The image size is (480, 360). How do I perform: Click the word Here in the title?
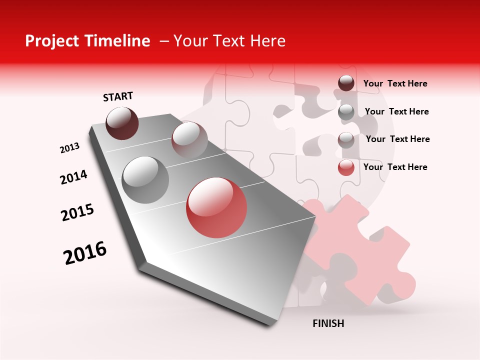click(267, 41)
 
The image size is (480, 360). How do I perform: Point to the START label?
click(118, 96)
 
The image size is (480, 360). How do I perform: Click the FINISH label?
click(328, 323)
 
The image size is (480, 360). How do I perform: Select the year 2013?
click(69, 148)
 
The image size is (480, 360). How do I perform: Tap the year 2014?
click(73, 177)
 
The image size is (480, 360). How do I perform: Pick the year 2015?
click(77, 212)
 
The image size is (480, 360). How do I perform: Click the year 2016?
click(85, 252)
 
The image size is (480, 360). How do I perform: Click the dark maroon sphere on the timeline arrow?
click(122, 123)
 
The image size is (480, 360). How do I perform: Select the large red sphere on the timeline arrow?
click(216, 207)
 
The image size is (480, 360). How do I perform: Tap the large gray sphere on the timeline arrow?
click(145, 179)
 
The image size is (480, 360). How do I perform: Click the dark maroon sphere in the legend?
click(346, 83)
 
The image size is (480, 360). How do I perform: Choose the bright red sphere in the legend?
click(346, 167)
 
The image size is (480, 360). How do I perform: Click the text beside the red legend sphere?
click(395, 167)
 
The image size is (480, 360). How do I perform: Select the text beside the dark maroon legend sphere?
click(395, 83)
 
